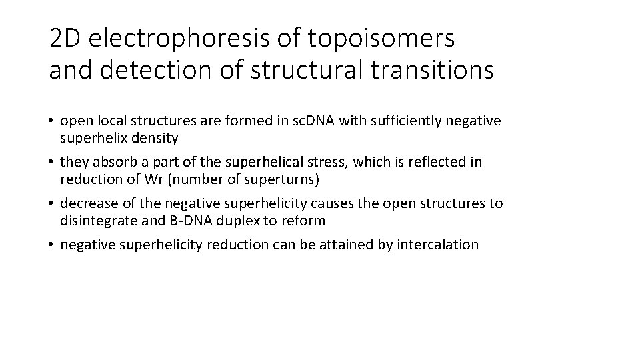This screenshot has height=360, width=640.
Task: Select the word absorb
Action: [112, 162]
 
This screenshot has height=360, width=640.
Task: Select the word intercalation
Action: [437, 245]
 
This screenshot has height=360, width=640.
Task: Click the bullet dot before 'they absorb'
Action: [51, 163]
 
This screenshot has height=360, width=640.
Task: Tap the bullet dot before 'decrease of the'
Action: [51, 204]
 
